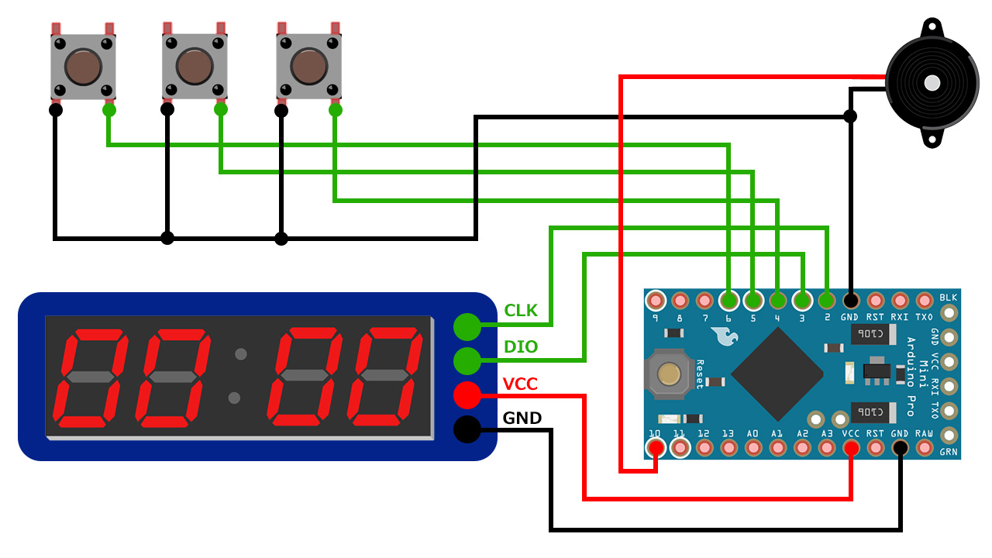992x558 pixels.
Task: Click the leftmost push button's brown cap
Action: coord(83,67)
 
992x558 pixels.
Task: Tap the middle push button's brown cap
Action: coord(195,67)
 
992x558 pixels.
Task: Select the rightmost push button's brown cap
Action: coord(309,67)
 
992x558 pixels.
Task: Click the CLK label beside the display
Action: coord(521,311)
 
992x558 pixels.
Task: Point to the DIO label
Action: coord(521,346)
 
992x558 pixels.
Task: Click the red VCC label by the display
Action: coord(520,384)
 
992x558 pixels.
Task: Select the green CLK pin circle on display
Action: coord(467,326)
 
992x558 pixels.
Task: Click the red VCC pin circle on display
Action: coord(467,395)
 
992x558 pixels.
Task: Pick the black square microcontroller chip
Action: coord(777,374)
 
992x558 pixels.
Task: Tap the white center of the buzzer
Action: coord(932,82)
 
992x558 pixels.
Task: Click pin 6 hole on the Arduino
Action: coord(728,299)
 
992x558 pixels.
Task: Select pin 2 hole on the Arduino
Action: coord(826,299)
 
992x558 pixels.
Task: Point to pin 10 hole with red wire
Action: coord(656,448)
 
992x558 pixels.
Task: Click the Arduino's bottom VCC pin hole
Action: coord(851,448)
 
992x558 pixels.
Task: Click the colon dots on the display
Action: coord(237,377)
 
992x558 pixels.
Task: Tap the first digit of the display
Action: coord(89,377)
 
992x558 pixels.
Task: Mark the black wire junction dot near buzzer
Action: coord(850,116)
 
